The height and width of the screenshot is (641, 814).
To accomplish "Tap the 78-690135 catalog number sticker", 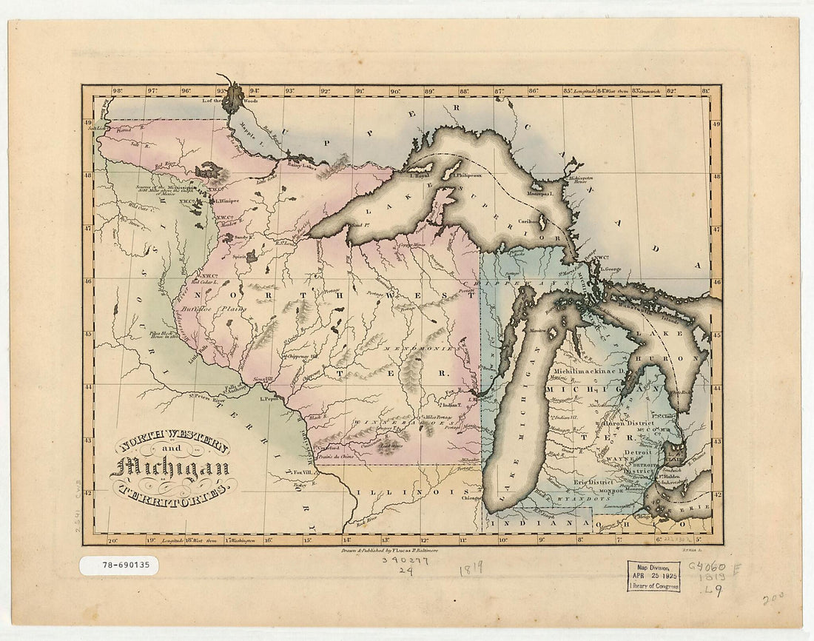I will coord(118,566).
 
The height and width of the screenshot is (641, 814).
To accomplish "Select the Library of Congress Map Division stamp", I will coord(653,575).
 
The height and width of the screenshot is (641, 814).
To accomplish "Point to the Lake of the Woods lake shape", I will coord(233,97).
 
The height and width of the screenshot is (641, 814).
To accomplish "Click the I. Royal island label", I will coord(420,175).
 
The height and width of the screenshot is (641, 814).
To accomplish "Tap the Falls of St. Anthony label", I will coord(234,389).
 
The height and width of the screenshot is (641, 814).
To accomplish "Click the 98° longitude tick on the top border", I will coord(117,92).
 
